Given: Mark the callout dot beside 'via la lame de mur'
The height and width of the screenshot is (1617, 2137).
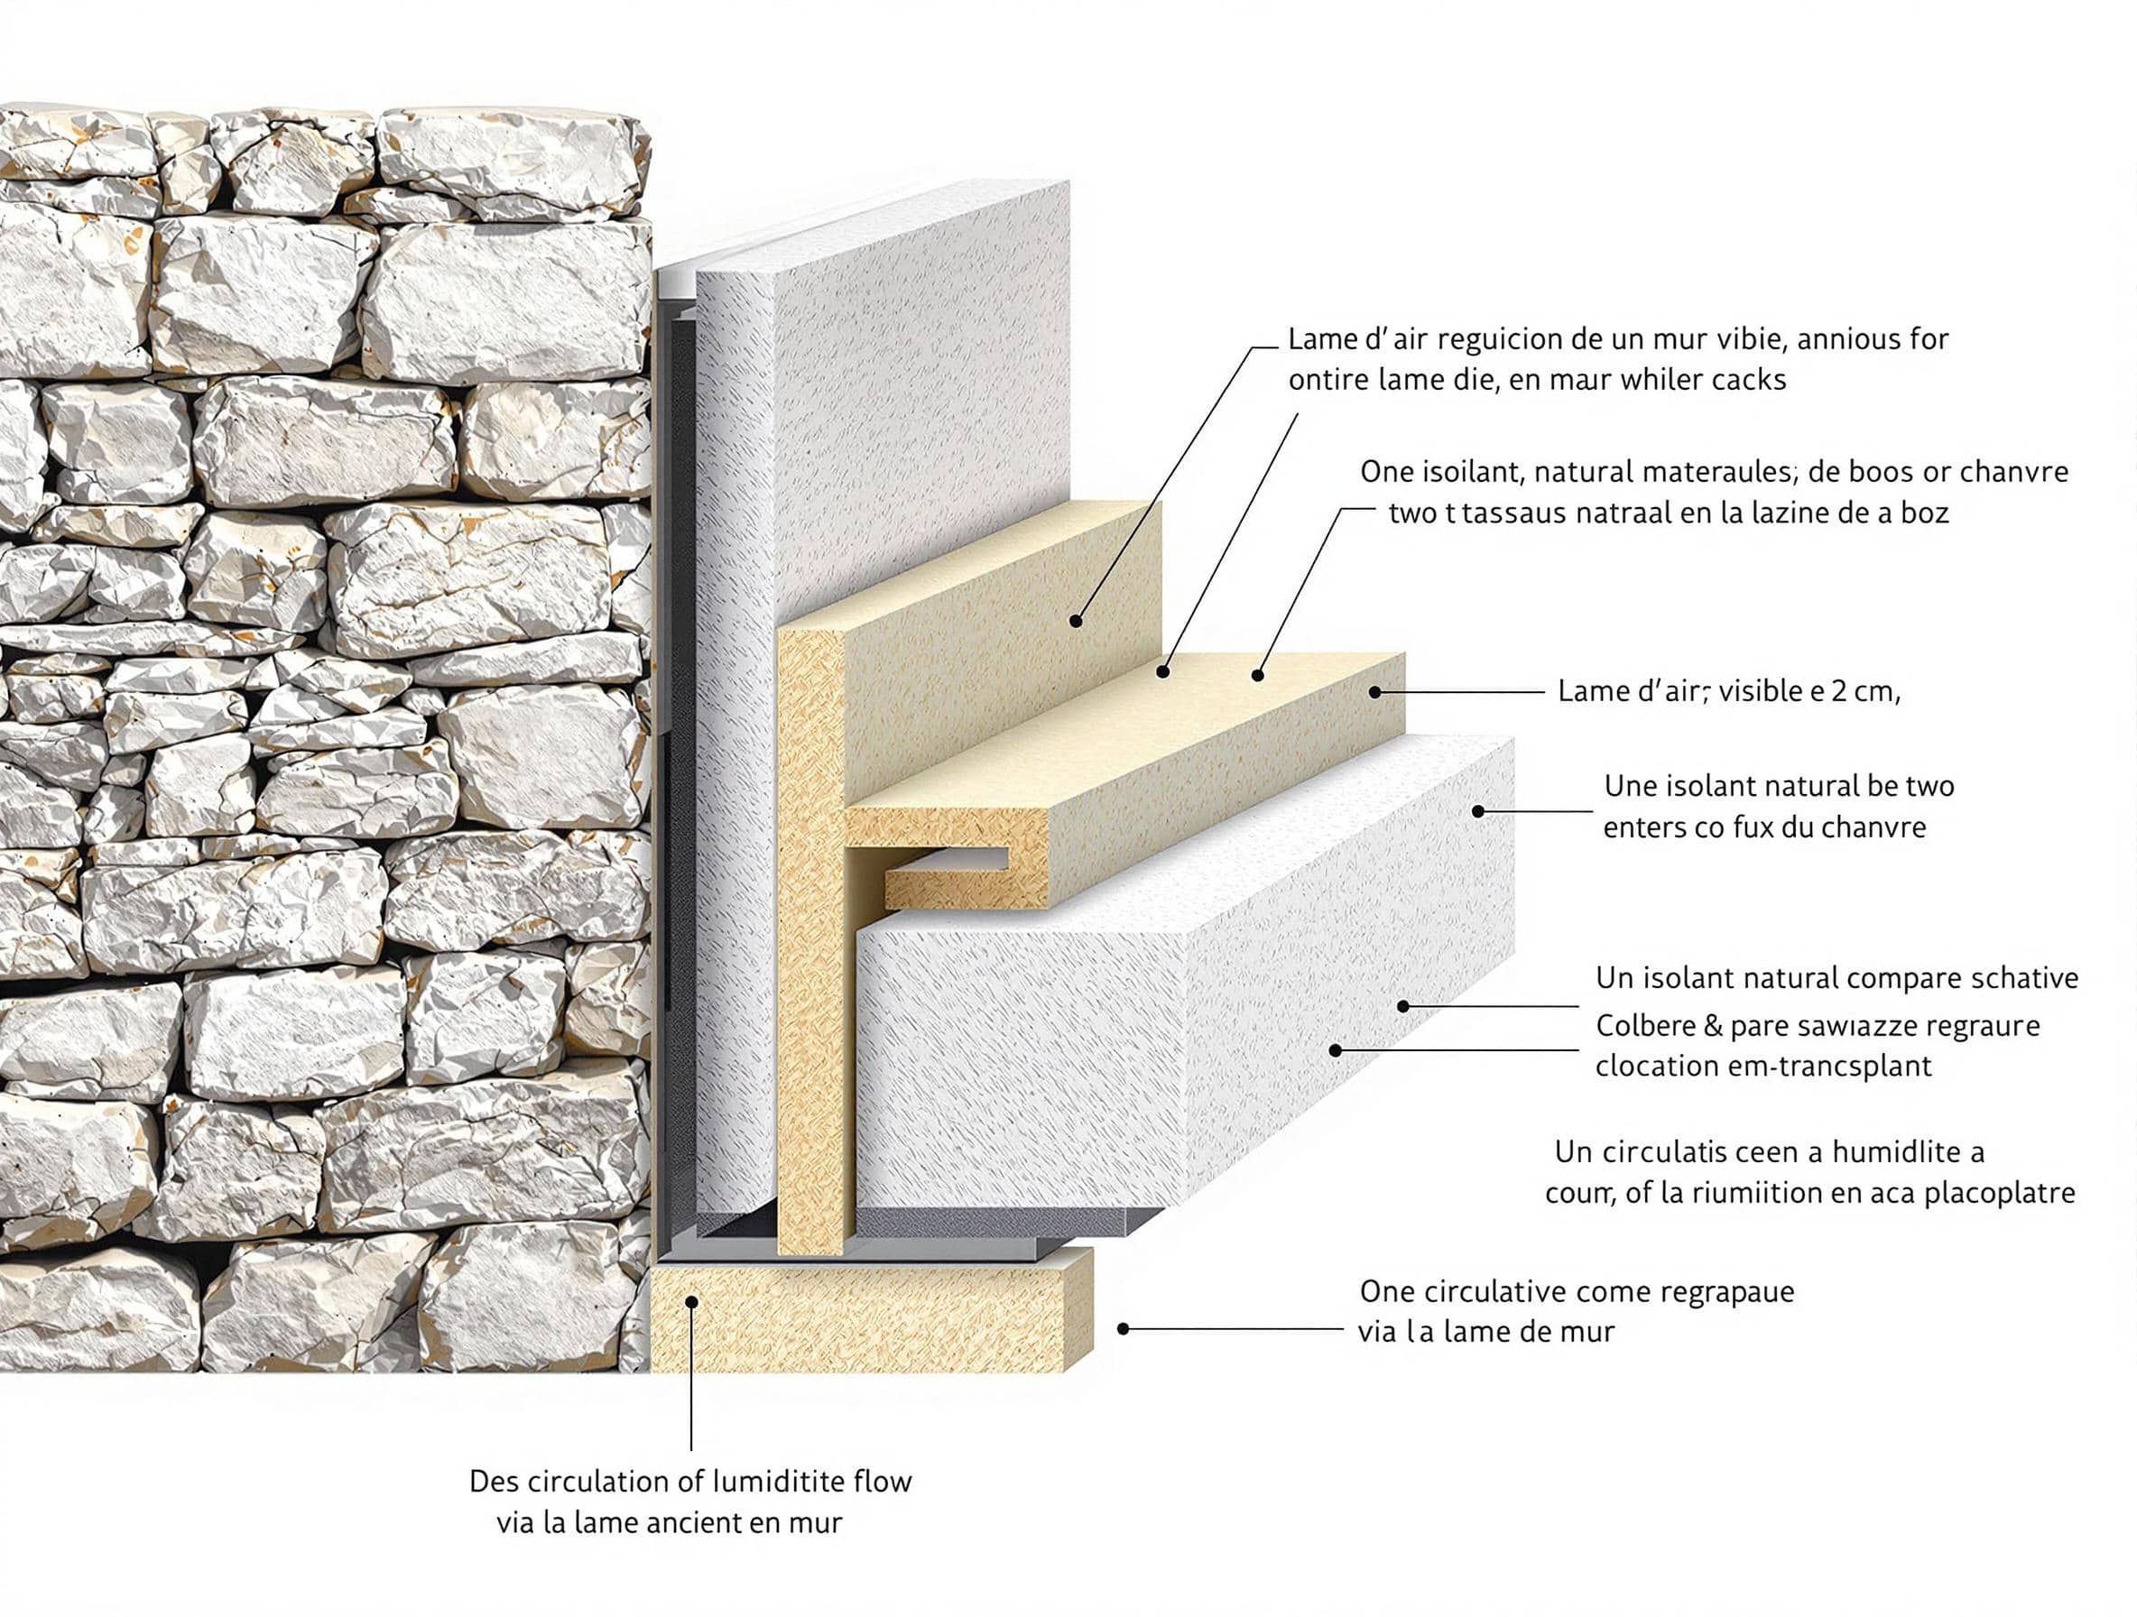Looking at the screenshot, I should tap(1123, 1329).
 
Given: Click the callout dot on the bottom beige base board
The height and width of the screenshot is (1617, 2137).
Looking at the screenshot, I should tap(691, 1302).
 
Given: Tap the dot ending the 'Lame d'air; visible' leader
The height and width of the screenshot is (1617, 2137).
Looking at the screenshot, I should tap(1374, 691).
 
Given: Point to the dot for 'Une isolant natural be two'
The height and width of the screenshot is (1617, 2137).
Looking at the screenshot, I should tap(1478, 811).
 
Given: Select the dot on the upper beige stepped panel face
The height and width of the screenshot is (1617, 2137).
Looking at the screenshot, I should tap(1075, 621).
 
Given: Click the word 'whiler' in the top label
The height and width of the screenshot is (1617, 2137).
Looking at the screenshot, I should tap(1661, 381).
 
